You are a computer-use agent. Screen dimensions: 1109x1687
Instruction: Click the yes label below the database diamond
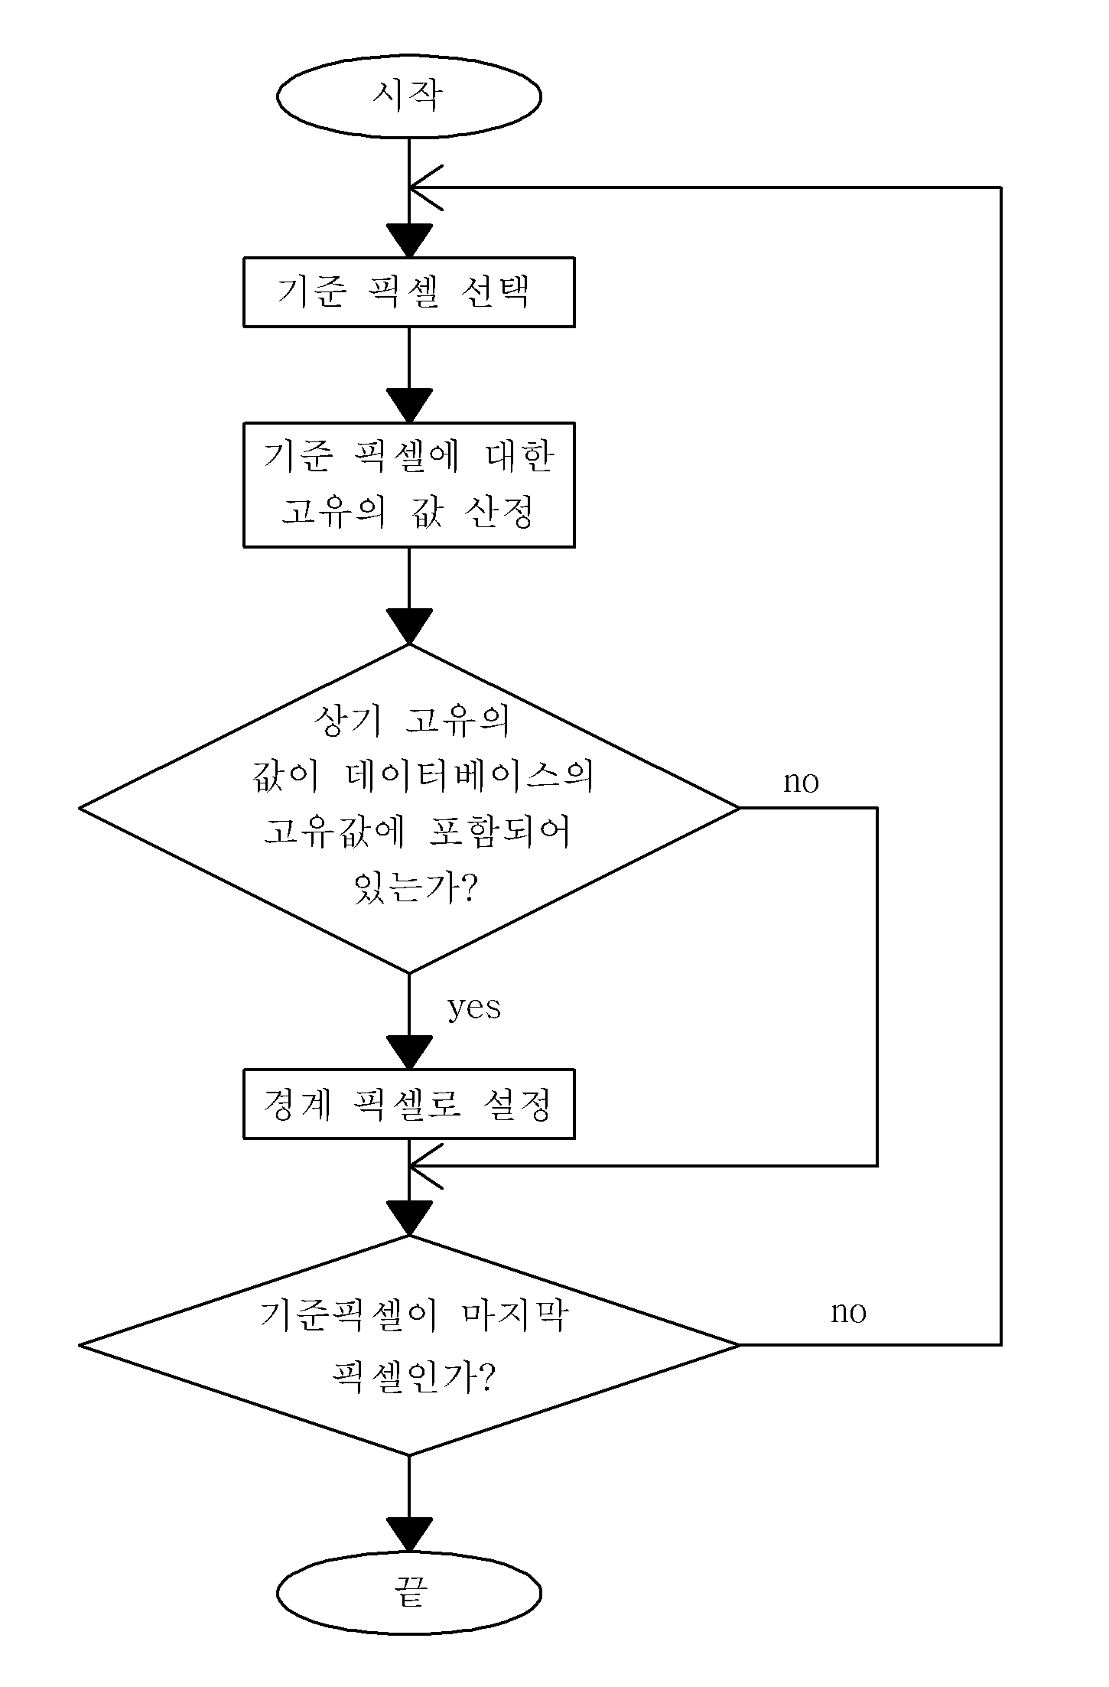pyautogui.click(x=474, y=1008)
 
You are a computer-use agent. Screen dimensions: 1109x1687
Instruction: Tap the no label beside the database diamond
pyautogui.click(x=801, y=782)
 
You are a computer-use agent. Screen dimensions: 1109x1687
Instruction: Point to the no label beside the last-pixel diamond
pyautogui.click(x=849, y=1313)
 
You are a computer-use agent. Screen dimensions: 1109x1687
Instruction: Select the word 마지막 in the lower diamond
pyautogui.click(x=516, y=1316)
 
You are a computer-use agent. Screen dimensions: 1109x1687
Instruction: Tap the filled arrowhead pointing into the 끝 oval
pyautogui.click(x=409, y=1534)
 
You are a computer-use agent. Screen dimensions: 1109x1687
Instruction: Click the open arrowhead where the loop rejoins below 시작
pyautogui.click(x=426, y=187)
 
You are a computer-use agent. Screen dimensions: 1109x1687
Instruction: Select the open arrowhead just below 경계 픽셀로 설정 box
pyautogui.click(x=426, y=1166)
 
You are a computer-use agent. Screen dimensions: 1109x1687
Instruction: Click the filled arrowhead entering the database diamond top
pyautogui.click(x=409, y=626)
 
